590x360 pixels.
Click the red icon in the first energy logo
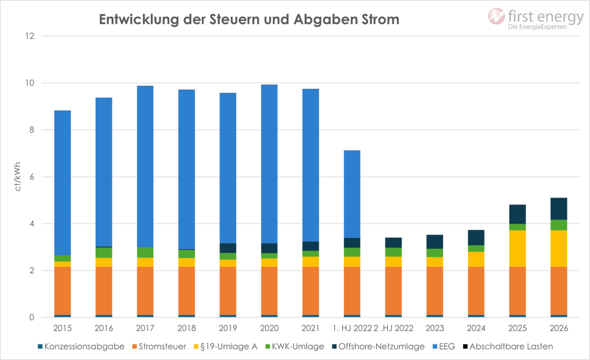click(x=497, y=17)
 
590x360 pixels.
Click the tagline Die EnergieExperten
click(x=537, y=27)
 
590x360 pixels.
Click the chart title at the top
click(x=249, y=19)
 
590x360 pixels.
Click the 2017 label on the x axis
click(x=145, y=328)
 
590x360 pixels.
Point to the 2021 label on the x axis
click(x=311, y=328)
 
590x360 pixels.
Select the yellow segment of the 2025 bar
click(x=517, y=248)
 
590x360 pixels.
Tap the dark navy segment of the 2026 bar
click(x=559, y=207)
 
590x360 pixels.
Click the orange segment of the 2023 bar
click(x=434, y=291)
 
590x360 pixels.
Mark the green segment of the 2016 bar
click(x=104, y=252)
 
